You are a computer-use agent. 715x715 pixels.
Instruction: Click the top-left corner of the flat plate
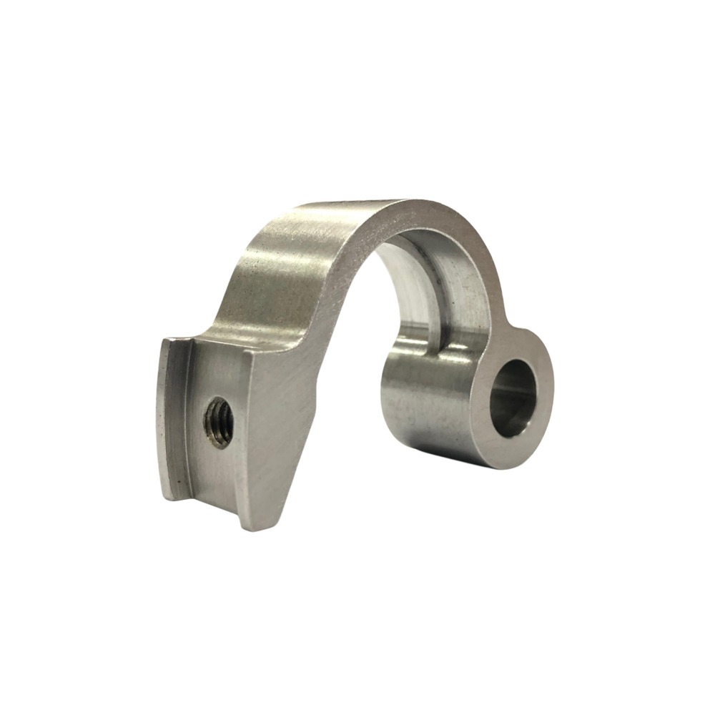pos(163,340)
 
